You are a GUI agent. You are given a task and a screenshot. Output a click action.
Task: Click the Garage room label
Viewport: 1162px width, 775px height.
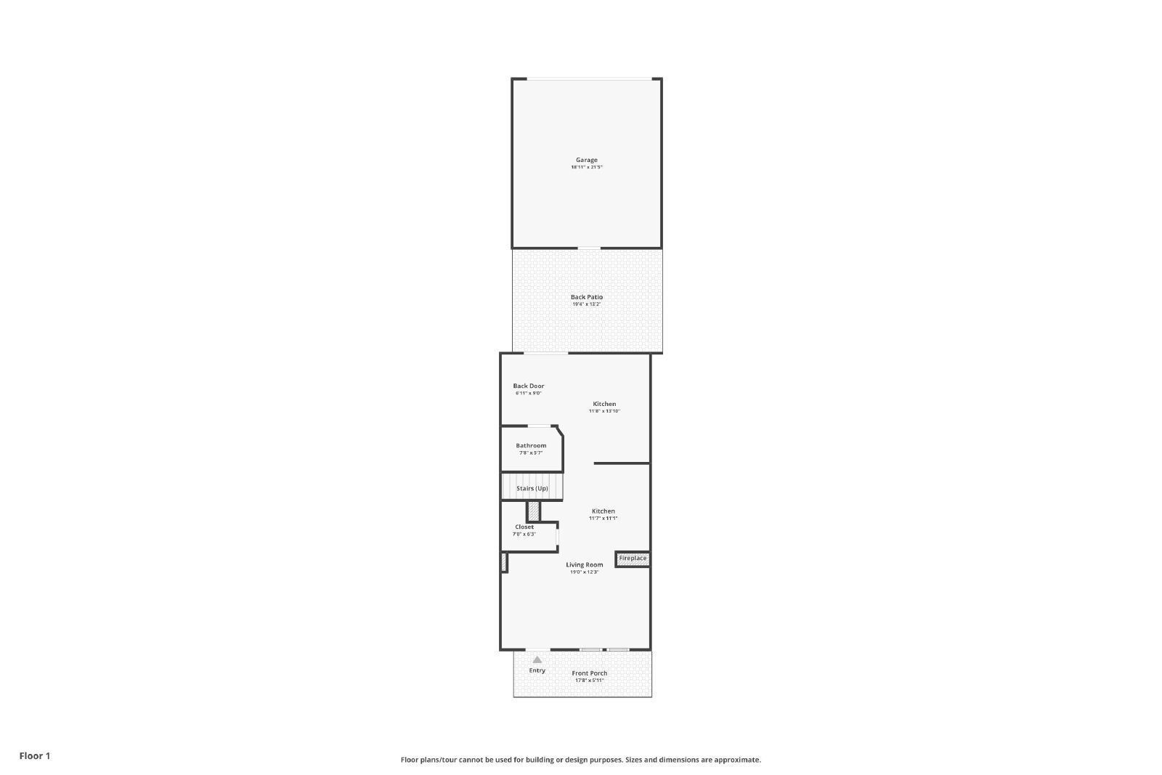click(x=586, y=160)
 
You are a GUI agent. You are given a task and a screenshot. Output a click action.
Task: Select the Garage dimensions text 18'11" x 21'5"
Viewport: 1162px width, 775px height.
click(x=586, y=168)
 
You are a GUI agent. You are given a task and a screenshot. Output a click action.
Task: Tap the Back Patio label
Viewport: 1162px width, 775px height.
click(x=586, y=297)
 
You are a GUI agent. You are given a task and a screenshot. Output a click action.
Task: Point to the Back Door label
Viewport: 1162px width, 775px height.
click(x=528, y=386)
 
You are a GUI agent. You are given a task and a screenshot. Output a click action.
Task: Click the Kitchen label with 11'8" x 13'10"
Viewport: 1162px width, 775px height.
click(x=604, y=404)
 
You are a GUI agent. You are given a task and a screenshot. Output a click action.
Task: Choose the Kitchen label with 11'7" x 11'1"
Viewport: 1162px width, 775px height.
click(x=603, y=511)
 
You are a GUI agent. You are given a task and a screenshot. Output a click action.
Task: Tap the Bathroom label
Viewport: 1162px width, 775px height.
click(x=531, y=446)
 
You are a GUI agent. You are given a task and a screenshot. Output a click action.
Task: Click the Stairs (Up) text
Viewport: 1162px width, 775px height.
click(x=532, y=489)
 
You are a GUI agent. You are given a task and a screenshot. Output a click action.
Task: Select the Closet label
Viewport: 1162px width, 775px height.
click(x=524, y=527)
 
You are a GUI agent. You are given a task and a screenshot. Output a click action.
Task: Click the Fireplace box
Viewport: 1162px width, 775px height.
click(x=633, y=559)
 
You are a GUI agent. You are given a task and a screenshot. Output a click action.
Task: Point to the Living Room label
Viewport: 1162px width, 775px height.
click(x=584, y=565)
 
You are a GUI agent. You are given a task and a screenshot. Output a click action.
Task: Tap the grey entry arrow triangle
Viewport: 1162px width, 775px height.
click(x=537, y=660)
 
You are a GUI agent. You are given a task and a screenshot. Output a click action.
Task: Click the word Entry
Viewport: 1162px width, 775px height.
click(x=537, y=670)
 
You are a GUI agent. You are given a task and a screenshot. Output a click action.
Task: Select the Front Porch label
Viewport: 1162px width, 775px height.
click(x=589, y=673)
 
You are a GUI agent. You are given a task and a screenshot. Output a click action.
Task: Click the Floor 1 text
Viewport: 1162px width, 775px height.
click(x=35, y=756)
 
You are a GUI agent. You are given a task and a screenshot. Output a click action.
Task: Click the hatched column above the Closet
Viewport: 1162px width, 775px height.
click(x=534, y=511)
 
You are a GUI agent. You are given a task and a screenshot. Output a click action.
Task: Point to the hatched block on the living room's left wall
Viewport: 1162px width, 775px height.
click(x=503, y=562)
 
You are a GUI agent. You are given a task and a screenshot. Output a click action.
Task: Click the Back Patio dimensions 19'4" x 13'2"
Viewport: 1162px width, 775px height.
click(x=586, y=304)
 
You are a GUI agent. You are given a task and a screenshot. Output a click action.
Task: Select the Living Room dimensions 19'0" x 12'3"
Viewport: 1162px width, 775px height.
click(x=584, y=572)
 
